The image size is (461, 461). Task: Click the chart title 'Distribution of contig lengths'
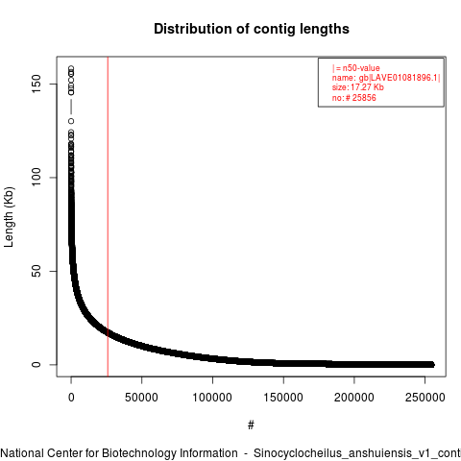(x=252, y=29)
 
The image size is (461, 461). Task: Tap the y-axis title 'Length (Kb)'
(x=9, y=217)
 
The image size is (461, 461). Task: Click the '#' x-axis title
(x=251, y=425)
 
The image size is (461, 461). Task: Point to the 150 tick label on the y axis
(x=36, y=84)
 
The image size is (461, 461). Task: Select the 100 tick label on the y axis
(x=36, y=178)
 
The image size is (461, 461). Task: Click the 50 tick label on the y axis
(x=36, y=271)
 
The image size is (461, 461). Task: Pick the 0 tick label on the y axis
(x=36, y=364)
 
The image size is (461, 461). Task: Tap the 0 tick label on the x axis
(x=71, y=398)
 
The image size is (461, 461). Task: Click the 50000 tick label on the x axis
(x=141, y=398)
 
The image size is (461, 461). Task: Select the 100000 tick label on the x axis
(x=212, y=398)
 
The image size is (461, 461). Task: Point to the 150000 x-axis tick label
(x=283, y=398)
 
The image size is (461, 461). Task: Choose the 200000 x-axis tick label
(x=353, y=398)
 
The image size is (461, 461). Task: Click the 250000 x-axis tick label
(x=425, y=398)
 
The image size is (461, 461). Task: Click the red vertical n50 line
(x=108, y=216)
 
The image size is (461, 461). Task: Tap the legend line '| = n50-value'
(x=356, y=68)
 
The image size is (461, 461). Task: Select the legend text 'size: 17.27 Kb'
(x=358, y=87)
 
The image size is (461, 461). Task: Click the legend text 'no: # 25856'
(x=354, y=97)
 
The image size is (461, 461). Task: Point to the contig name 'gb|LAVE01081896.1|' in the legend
(x=400, y=78)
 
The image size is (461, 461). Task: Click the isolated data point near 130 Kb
(x=71, y=121)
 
